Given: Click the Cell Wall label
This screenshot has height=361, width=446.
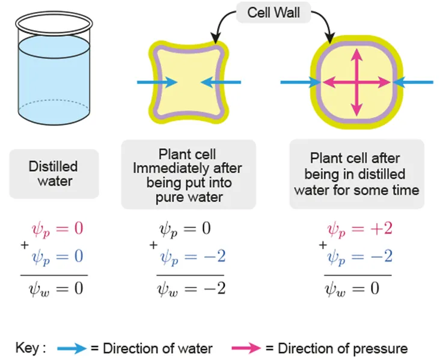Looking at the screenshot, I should click(x=269, y=12).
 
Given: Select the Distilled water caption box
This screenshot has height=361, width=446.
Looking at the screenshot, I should click(x=53, y=174).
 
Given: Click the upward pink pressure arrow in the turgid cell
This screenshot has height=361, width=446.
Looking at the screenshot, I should click(x=357, y=64).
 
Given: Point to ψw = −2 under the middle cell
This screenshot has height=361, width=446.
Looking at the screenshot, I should click(x=192, y=288).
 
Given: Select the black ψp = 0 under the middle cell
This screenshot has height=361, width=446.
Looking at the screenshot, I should click(x=185, y=230).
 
